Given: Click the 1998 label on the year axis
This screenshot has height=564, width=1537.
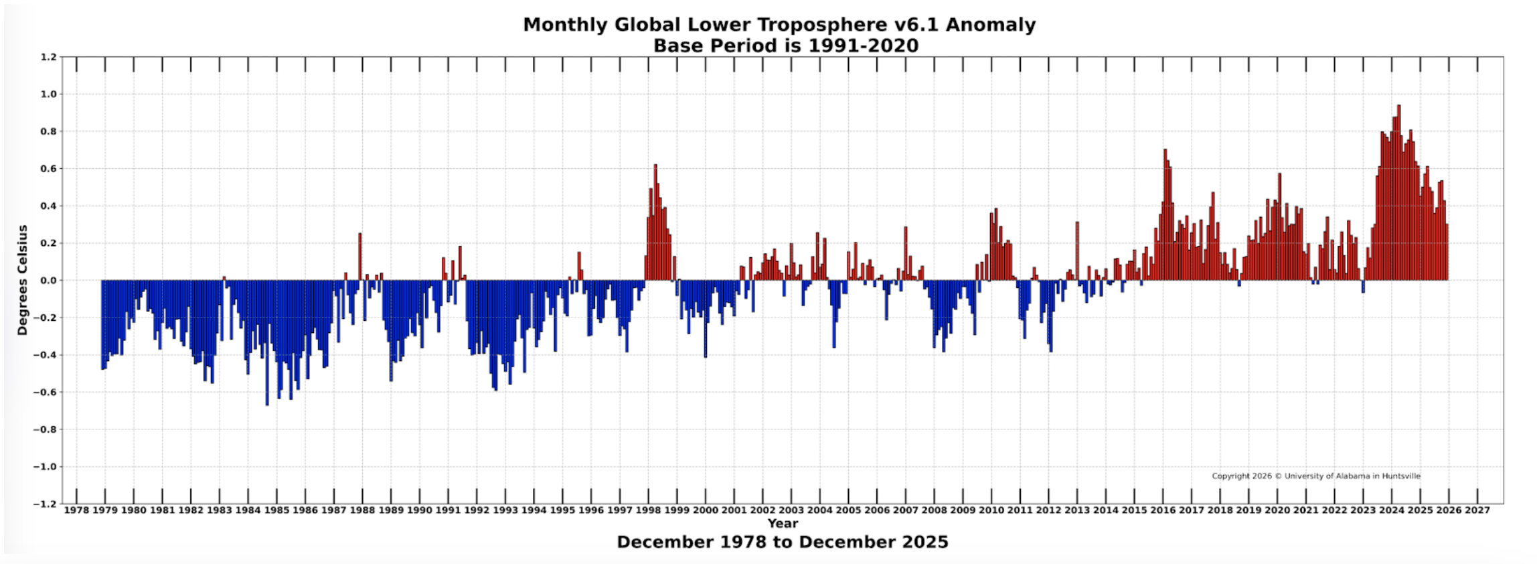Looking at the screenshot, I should (x=648, y=510).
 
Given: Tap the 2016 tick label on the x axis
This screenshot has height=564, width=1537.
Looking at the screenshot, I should (x=1163, y=510).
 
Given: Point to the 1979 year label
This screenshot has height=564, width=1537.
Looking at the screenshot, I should (x=104, y=510).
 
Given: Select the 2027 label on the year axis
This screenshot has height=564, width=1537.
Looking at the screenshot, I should (x=1477, y=510).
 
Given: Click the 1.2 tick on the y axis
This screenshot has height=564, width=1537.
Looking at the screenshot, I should (x=48, y=58).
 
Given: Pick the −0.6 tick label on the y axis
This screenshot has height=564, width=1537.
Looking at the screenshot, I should (x=46, y=393).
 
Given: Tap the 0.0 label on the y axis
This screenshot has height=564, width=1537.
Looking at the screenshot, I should (x=48, y=281).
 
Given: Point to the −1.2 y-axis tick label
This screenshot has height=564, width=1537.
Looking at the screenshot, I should (x=46, y=504).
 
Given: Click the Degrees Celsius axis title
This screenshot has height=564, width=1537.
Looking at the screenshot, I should (x=23, y=280).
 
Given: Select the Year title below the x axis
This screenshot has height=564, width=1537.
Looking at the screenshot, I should (x=783, y=523).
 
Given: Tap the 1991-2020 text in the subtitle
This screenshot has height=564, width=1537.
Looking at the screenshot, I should (x=863, y=46).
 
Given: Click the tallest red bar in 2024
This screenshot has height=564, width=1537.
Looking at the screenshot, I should (x=1398, y=194).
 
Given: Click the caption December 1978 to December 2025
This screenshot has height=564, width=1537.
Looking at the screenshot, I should (x=783, y=542).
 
